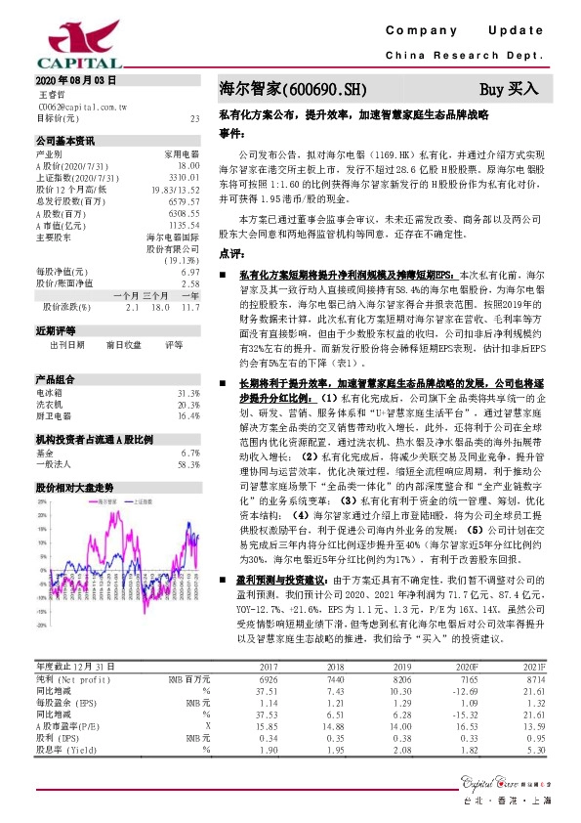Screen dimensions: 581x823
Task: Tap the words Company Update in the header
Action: [470, 31]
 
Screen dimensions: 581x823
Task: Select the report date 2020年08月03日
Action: [75, 79]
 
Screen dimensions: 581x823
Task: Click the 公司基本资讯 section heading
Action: [64, 140]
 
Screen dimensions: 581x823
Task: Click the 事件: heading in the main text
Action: [230, 130]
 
